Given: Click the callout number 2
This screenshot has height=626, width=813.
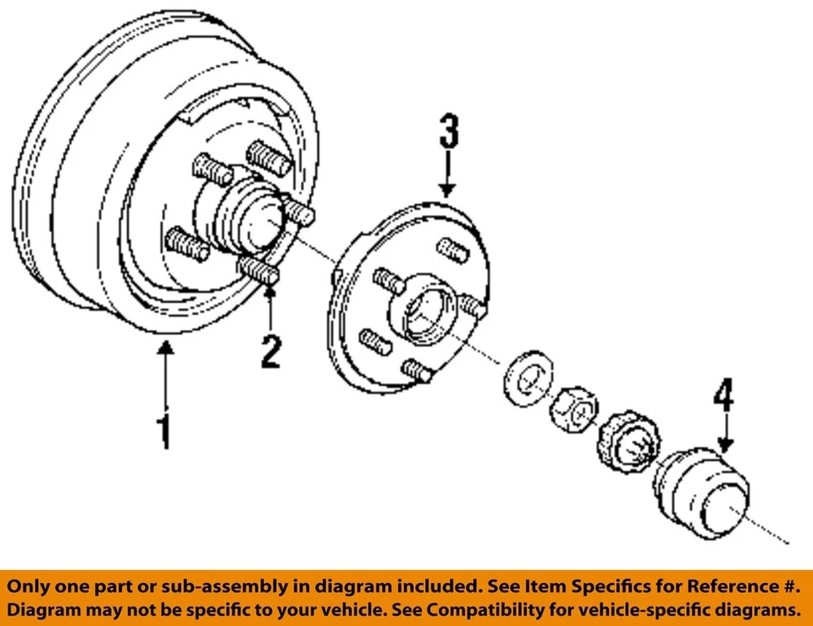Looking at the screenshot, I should pyautogui.click(x=269, y=351).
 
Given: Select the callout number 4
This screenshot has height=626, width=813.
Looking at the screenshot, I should pyautogui.click(x=723, y=395).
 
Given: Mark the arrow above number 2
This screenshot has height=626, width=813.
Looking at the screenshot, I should pyautogui.click(x=270, y=309).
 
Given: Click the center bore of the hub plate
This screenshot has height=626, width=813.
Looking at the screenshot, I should pyautogui.click(x=429, y=314).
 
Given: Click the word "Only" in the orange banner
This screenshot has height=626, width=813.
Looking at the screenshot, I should pyautogui.click(x=30, y=586).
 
